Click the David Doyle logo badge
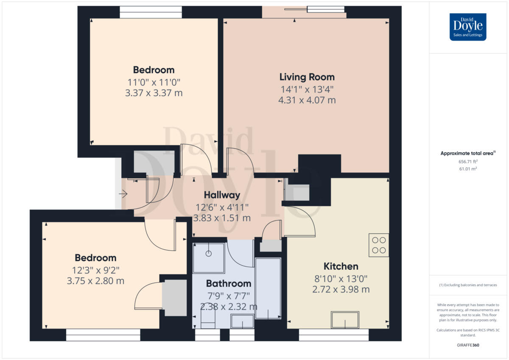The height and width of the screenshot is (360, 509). click(x=468, y=27)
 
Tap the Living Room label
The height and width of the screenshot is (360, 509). click(x=307, y=77)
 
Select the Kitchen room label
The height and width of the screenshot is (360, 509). click(x=341, y=266)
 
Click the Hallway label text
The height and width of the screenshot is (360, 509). click(x=222, y=195)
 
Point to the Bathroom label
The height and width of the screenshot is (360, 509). click(x=229, y=283)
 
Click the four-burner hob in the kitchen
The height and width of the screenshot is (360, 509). click(x=379, y=245)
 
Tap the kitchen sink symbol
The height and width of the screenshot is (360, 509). click(x=345, y=320)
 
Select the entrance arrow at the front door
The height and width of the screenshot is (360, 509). click(x=123, y=194)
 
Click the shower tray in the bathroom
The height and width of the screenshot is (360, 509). click(x=209, y=257)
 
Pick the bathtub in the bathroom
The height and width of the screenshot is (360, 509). click(x=268, y=288)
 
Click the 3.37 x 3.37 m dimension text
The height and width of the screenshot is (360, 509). click(x=154, y=92)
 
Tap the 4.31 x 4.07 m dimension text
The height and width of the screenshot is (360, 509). click(x=307, y=100)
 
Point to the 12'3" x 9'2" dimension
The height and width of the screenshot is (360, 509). click(x=95, y=269)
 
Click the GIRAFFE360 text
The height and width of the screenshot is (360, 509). click(x=468, y=345)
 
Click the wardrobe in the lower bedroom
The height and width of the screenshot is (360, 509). click(x=174, y=298)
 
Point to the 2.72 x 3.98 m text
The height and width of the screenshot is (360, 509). click(x=341, y=290)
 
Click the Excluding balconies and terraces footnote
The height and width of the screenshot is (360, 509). click(x=468, y=285)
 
